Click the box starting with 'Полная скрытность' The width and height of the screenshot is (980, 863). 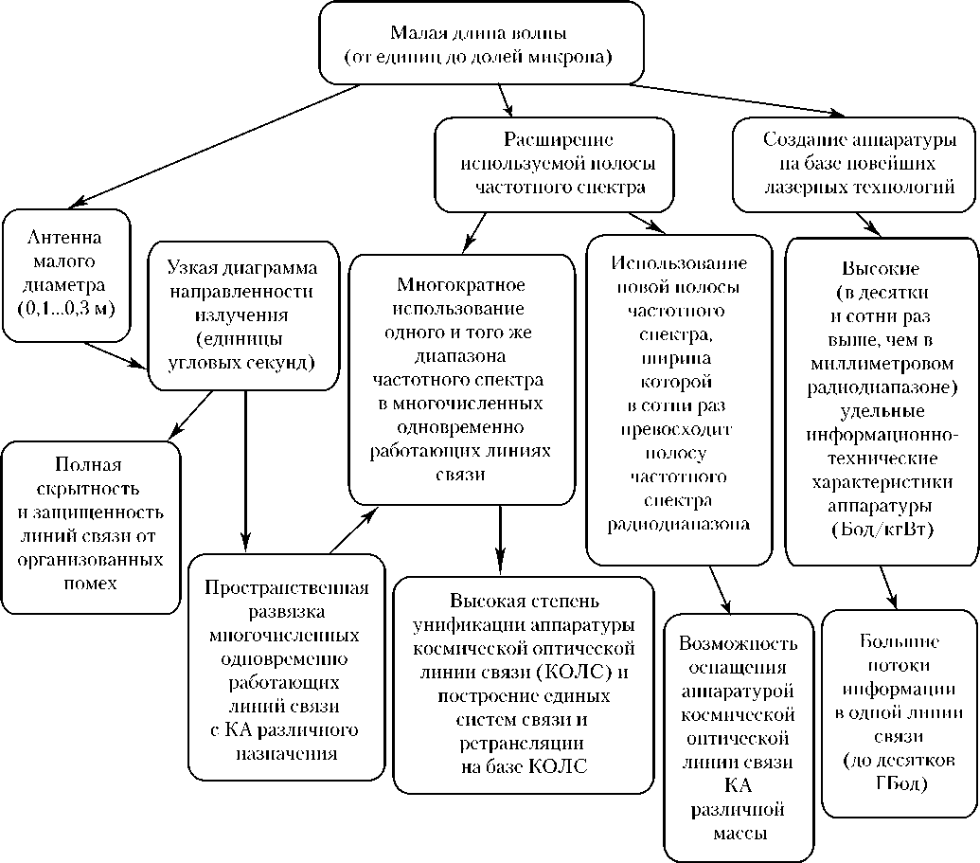(90, 523)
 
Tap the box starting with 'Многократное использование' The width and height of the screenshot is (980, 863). (462, 379)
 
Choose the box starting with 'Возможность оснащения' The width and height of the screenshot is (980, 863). (738, 736)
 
